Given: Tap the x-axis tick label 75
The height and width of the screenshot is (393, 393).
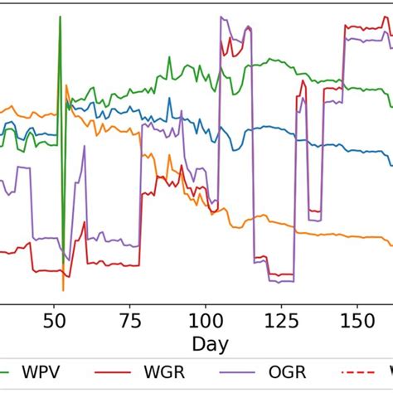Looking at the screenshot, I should tap(130, 319).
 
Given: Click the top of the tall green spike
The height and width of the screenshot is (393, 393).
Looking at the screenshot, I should tap(60, 17).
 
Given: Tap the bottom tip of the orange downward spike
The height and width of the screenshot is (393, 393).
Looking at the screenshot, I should tap(63, 290).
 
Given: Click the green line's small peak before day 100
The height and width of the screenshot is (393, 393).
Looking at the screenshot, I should tap(168, 57).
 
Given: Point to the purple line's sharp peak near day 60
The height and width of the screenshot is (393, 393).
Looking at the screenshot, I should tap(84, 148).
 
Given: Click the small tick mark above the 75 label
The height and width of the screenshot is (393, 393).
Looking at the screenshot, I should tap(130, 305).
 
